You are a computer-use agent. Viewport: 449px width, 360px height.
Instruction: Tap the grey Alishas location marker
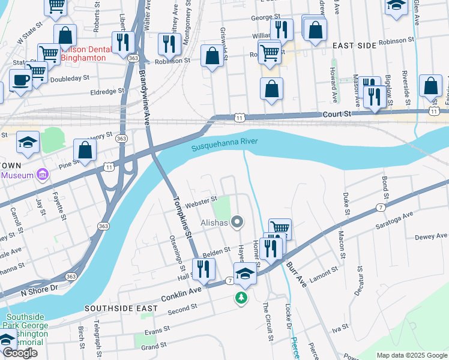(x=238, y=223)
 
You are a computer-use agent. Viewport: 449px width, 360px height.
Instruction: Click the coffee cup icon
(x=20, y=80)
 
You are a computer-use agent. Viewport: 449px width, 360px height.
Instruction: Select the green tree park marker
(x=241, y=298)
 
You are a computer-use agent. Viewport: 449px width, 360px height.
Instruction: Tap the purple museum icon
(x=42, y=175)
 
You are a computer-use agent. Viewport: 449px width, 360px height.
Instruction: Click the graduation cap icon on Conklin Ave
(x=245, y=274)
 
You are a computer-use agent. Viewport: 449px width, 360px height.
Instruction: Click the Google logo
(x=20, y=353)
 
